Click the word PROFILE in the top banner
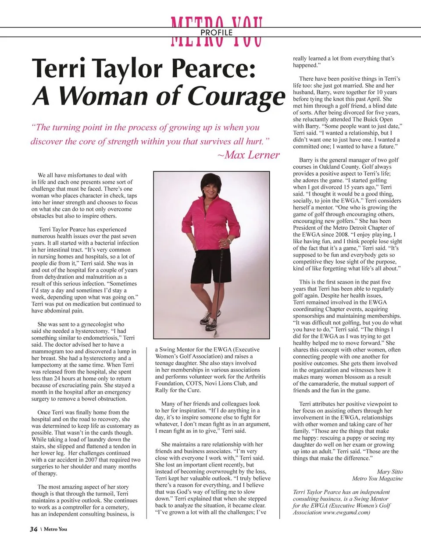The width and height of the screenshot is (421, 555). [217, 32]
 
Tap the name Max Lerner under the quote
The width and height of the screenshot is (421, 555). [252, 155]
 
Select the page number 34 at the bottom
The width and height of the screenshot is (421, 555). [34, 529]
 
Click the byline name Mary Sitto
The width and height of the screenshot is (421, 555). [389, 472]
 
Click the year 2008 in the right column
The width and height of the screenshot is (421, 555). [342, 235]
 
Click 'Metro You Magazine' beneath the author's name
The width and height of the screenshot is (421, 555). [377, 478]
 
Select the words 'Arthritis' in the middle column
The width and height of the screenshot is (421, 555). [255, 377]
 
